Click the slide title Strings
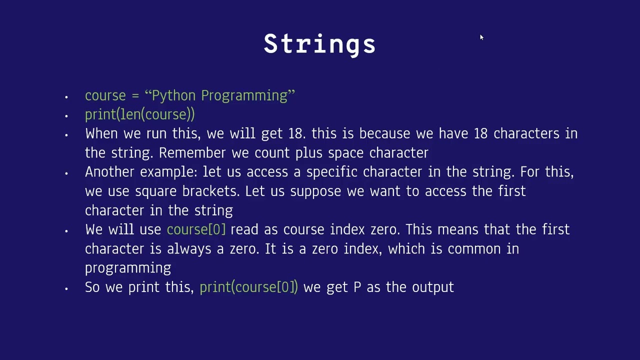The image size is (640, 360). click(319, 44)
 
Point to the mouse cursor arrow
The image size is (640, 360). click(481, 37)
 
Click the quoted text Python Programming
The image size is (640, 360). click(220, 95)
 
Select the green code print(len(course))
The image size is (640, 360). click(139, 114)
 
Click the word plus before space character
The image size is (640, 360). click(308, 153)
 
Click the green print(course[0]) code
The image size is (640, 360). click(248, 287)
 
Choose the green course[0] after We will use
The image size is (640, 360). click(196, 230)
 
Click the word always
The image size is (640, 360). click(189, 249)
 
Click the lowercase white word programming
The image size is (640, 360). click(128, 268)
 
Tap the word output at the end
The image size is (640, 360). click(432, 287)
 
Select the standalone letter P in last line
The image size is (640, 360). click(357, 287)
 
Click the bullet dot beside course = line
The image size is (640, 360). click(66, 96)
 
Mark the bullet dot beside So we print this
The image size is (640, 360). click(66, 288)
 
